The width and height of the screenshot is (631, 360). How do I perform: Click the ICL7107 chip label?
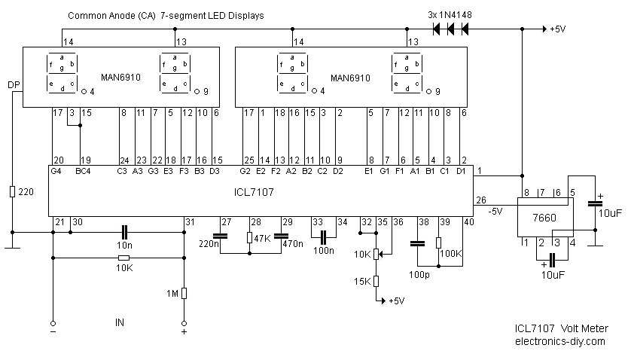pyautogui.click(x=253, y=193)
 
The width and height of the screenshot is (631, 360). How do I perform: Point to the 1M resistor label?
pyautogui.click(x=172, y=294)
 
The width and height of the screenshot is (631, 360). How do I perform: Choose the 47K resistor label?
pyautogui.click(x=262, y=238)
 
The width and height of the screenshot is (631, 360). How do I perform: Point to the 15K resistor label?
pyautogui.click(x=362, y=281)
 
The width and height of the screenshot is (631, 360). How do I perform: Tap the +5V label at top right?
pyautogui.click(x=557, y=29)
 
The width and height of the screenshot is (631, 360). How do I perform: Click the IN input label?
pyautogui.click(x=119, y=323)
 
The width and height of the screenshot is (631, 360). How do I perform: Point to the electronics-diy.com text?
pyautogui.click(x=559, y=341)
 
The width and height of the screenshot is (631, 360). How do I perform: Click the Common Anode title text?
pyautogui.click(x=166, y=15)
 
